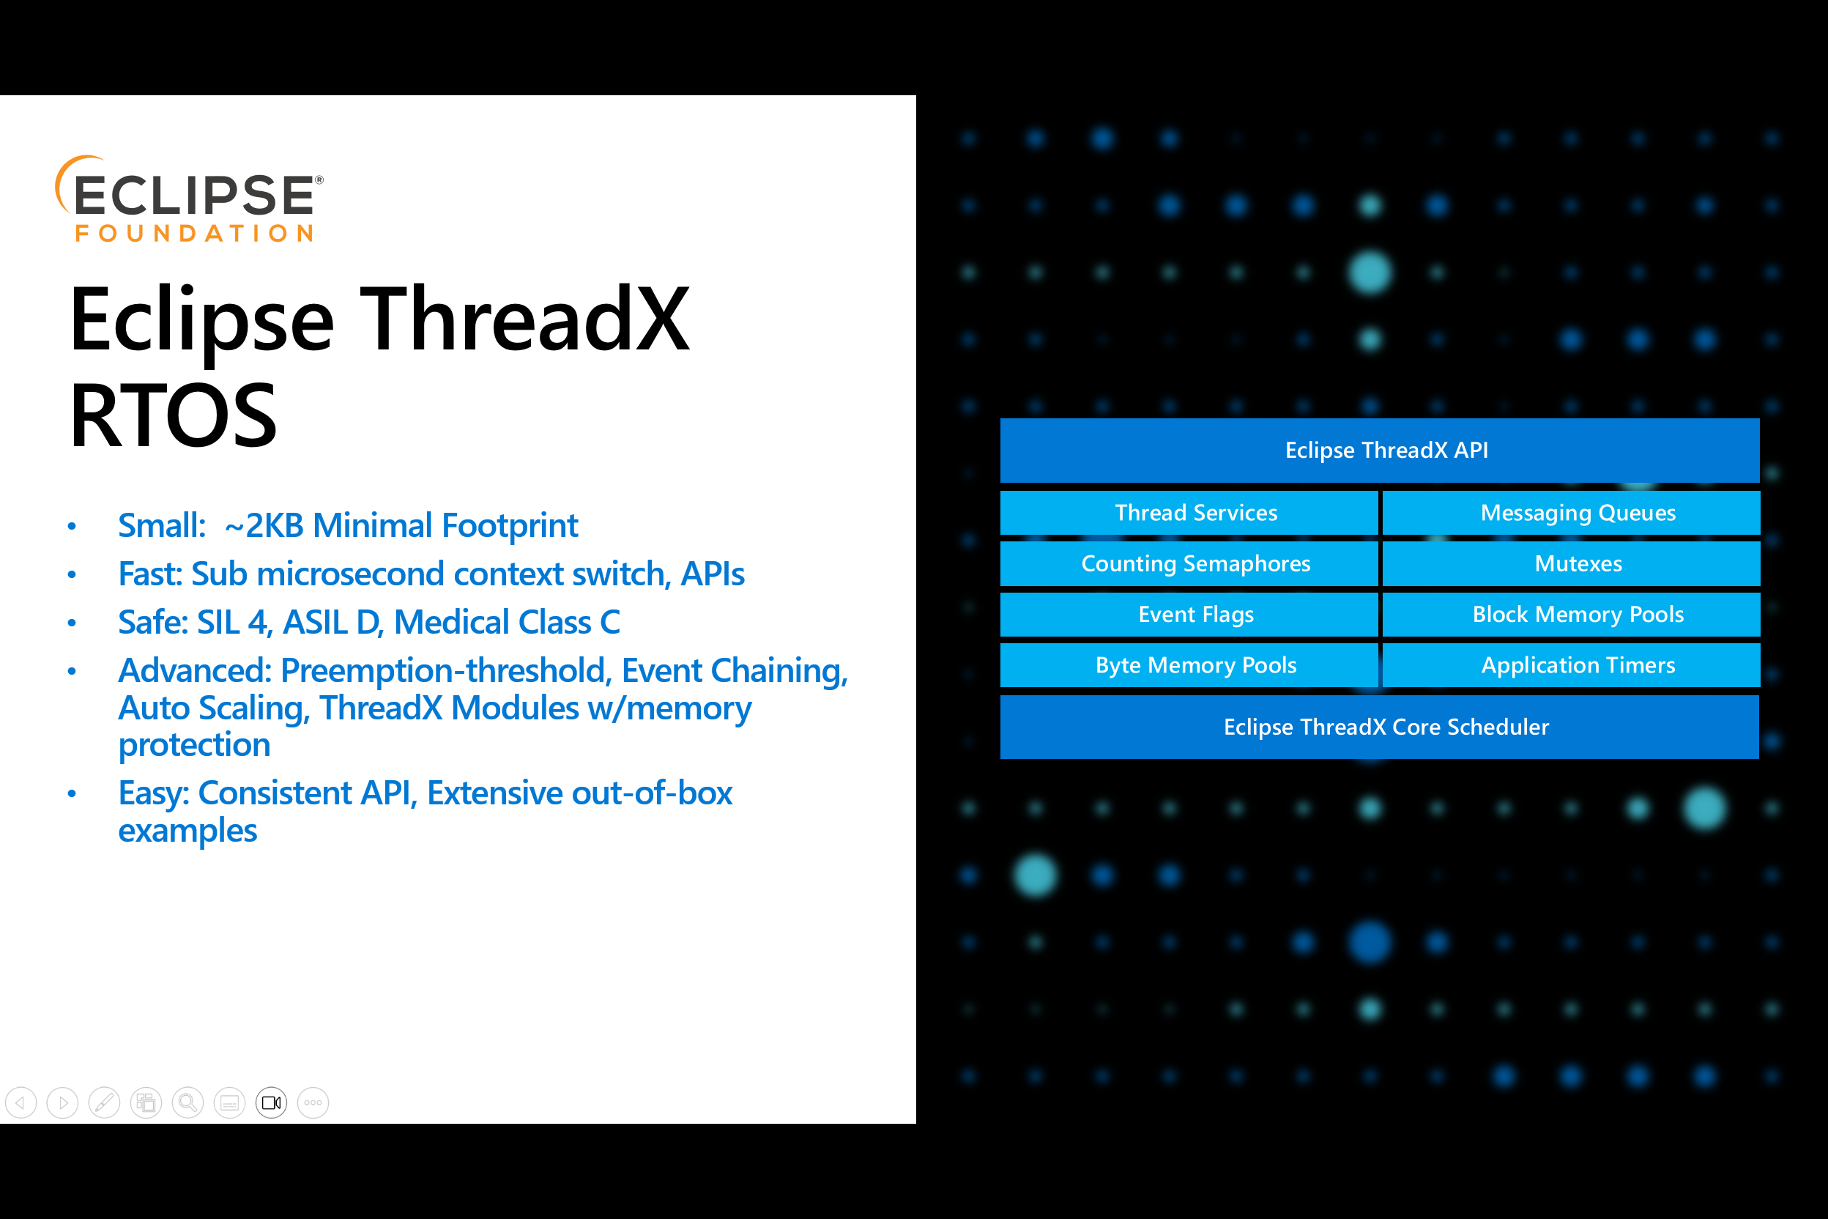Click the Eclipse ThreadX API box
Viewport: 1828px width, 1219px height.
click(x=1380, y=450)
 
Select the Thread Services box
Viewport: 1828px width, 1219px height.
click(x=1189, y=513)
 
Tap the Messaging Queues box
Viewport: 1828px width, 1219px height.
click(x=1571, y=513)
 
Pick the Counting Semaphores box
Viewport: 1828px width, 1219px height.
click(x=1189, y=563)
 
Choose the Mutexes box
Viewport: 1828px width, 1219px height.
click(x=1571, y=563)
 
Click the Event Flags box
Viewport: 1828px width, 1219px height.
click(x=1189, y=614)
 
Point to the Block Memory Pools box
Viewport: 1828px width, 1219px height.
click(x=1571, y=614)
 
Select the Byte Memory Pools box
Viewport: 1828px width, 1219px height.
click(x=1189, y=665)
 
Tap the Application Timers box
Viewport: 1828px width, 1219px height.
click(x=1571, y=665)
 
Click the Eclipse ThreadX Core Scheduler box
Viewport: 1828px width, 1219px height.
click(x=1380, y=727)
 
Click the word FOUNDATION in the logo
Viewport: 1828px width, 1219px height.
click(x=194, y=233)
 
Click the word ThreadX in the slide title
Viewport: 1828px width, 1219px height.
click(x=524, y=319)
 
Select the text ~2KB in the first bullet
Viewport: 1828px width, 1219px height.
click(x=264, y=526)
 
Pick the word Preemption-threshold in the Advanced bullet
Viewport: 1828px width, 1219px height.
click(x=442, y=671)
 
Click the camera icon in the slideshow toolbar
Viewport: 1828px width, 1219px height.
click(x=271, y=1103)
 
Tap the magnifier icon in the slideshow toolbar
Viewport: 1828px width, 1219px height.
click(x=187, y=1103)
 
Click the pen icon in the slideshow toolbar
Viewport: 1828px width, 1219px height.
click(x=104, y=1103)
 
